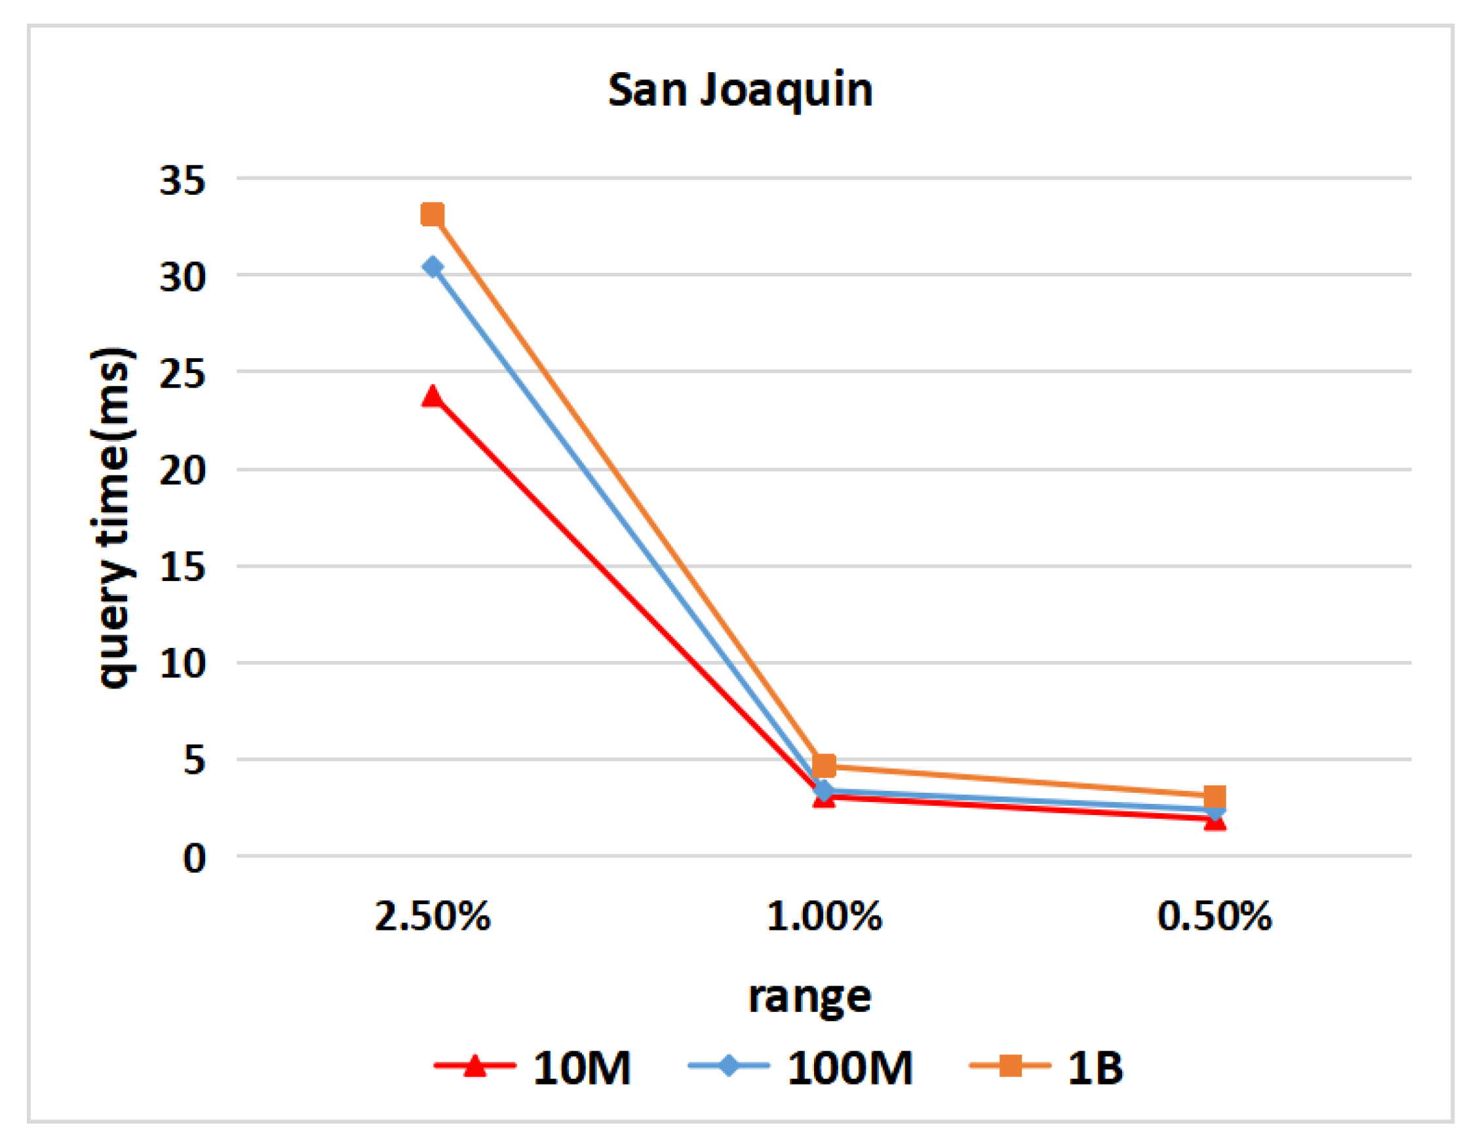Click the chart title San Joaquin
coord(740,90)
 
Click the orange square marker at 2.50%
coord(433,215)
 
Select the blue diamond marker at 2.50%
coord(433,267)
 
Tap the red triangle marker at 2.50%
coord(433,397)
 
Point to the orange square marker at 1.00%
coord(824,765)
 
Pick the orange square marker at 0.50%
coord(1214,796)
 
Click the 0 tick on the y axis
coord(194,859)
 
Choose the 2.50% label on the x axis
coord(433,917)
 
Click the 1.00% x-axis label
coord(824,917)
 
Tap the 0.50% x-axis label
coord(1214,917)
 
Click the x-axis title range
coord(809,998)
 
